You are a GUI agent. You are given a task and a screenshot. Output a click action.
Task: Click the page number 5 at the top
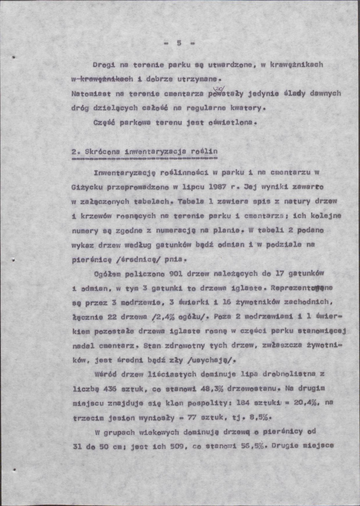(179, 43)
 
